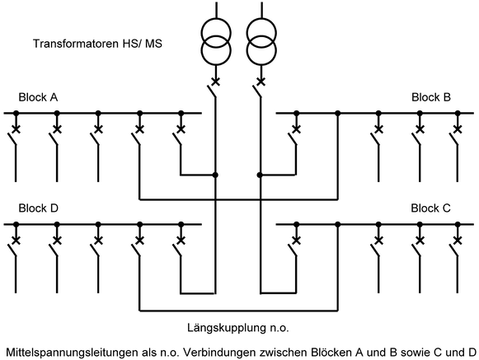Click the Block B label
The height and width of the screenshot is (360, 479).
pyautogui.click(x=431, y=97)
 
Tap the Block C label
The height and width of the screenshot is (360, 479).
pyautogui.click(x=431, y=208)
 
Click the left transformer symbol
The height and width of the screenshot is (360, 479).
pyautogui.click(x=216, y=40)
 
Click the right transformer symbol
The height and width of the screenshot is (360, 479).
pyautogui.click(x=260, y=40)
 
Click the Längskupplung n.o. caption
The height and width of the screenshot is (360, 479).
pyautogui.click(x=238, y=329)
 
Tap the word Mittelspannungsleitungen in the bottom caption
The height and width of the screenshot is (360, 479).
pyautogui.click(x=72, y=352)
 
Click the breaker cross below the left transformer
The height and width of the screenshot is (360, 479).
pyautogui.click(x=216, y=82)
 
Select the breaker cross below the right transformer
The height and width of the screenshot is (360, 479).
pyautogui.click(x=260, y=82)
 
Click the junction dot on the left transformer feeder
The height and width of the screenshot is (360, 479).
pyautogui.click(x=216, y=175)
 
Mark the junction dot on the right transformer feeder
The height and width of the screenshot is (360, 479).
pyautogui.click(x=260, y=175)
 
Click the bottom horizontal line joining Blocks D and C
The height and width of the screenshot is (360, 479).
pyautogui.click(x=238, y=311)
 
